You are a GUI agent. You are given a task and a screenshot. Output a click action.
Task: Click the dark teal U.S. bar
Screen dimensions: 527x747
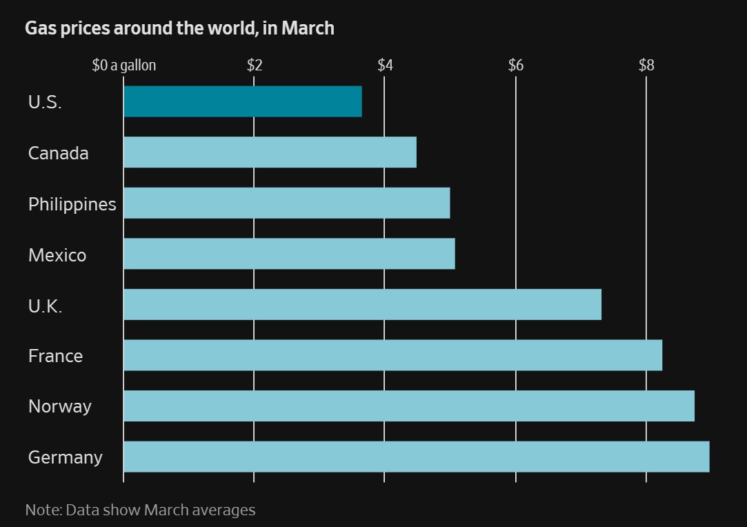[242, 101]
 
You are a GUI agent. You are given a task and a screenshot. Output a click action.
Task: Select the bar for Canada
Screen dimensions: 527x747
[270, 152]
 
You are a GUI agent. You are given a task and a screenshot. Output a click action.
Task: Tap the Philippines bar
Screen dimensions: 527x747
[286, 203]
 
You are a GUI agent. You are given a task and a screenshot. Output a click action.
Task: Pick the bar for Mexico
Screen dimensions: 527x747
[289, 253]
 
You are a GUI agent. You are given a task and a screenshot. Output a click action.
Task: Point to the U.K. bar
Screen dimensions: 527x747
[362, 304]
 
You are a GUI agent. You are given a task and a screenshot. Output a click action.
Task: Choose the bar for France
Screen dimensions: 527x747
[392, 355]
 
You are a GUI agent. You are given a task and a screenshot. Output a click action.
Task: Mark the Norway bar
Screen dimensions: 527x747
[408, 406]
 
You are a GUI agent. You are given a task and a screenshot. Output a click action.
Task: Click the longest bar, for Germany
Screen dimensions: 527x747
[416, 456]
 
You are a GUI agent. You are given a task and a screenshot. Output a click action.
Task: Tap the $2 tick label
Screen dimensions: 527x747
[255, 66]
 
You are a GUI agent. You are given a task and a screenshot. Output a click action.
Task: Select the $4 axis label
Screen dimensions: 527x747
[385, 66]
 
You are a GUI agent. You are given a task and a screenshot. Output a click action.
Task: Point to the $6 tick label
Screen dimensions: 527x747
[516, 66]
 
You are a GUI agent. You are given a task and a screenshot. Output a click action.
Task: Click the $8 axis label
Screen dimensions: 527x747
[646, 66]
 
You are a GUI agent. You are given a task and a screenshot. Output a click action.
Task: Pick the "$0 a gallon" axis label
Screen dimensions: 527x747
[124, 66]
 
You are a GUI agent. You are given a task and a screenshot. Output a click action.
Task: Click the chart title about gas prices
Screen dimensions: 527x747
[179, 28]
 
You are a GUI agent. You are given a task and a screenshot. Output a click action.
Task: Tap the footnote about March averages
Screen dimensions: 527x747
[140, 510]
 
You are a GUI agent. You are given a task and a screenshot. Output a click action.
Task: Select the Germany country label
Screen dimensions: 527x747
[66, 457]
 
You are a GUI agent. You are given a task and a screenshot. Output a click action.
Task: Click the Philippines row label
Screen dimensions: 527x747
[72, 204]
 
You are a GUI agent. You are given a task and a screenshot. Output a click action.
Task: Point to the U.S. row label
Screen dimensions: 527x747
[45, 103]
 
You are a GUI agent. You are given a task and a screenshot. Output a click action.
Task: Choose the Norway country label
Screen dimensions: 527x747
[59, 406]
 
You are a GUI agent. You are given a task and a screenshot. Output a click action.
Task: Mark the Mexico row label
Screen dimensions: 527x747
[57, 255]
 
